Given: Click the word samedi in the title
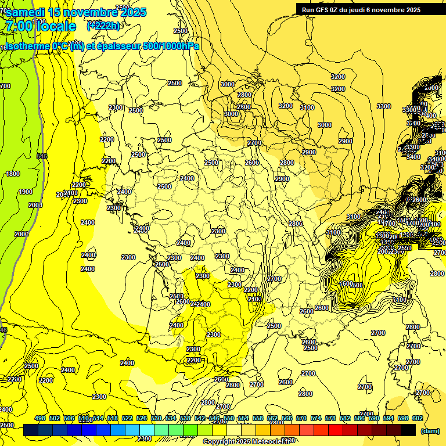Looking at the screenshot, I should pyautogui.click(x=24, y=12).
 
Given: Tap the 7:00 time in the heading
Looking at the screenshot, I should pyautogui.click(x=17, y=26).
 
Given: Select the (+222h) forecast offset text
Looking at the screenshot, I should pyautogui.click(x=103, y=26).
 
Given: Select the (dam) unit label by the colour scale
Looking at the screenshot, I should pyautogui.click(x=430, y=431).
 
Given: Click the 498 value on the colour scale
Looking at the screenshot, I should pyautogui.click(x=40, y=419).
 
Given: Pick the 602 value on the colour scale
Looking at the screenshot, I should pyautogui.click(x=417, y=419).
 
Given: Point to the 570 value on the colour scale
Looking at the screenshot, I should pyautogui.click(x=301, y=419).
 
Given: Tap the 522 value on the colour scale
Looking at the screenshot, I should pyautogui.click(x=127, y=419).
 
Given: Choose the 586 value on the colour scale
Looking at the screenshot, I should pyautogui.click(x=359, y=419).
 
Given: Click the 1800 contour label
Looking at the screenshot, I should pyautogui.click(x=13, y=174).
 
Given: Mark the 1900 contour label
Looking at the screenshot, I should pyautogui.click(x=25, y=192).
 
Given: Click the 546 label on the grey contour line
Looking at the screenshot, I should pyautogui.click(x=41, y=156).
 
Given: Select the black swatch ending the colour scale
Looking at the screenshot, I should pyautogui.click(x=408, y=430).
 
